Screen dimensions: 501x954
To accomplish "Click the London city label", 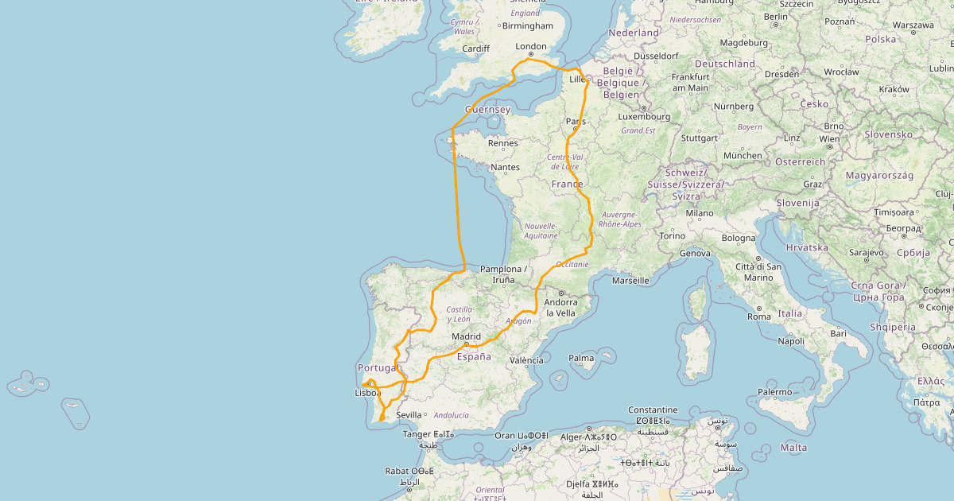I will [x=531, y=46].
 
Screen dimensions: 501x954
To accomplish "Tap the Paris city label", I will [x=576, y=122].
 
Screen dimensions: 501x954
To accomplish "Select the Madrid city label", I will [x=466, y=336].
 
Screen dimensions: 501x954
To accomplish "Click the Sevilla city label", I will [x=409, y=415].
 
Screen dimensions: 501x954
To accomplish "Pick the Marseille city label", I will [x=630, y=280].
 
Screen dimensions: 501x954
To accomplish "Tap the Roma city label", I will [x=759, y=317].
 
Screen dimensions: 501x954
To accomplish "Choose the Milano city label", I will [x=700, y=213].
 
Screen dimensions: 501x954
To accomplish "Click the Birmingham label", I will [x=527, y=26].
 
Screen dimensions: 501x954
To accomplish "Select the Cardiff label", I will [x=476, y=49].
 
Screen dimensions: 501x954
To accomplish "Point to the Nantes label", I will [x=505, y=167].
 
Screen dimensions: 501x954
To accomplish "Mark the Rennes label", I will [x=503, y=144].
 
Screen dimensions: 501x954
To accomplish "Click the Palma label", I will [x=581, y=358].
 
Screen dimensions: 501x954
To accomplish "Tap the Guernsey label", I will [x=487, y=110].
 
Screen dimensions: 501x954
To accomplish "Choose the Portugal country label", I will [x=377, y=367].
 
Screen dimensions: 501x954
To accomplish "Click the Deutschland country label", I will [x=725, y=64].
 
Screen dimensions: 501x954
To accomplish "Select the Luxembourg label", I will [x=645, y=117].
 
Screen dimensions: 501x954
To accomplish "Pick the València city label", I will [x=526, y=360].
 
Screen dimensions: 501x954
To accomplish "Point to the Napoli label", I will [x=791, y=341].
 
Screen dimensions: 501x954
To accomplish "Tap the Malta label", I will [x=794, y=448].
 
